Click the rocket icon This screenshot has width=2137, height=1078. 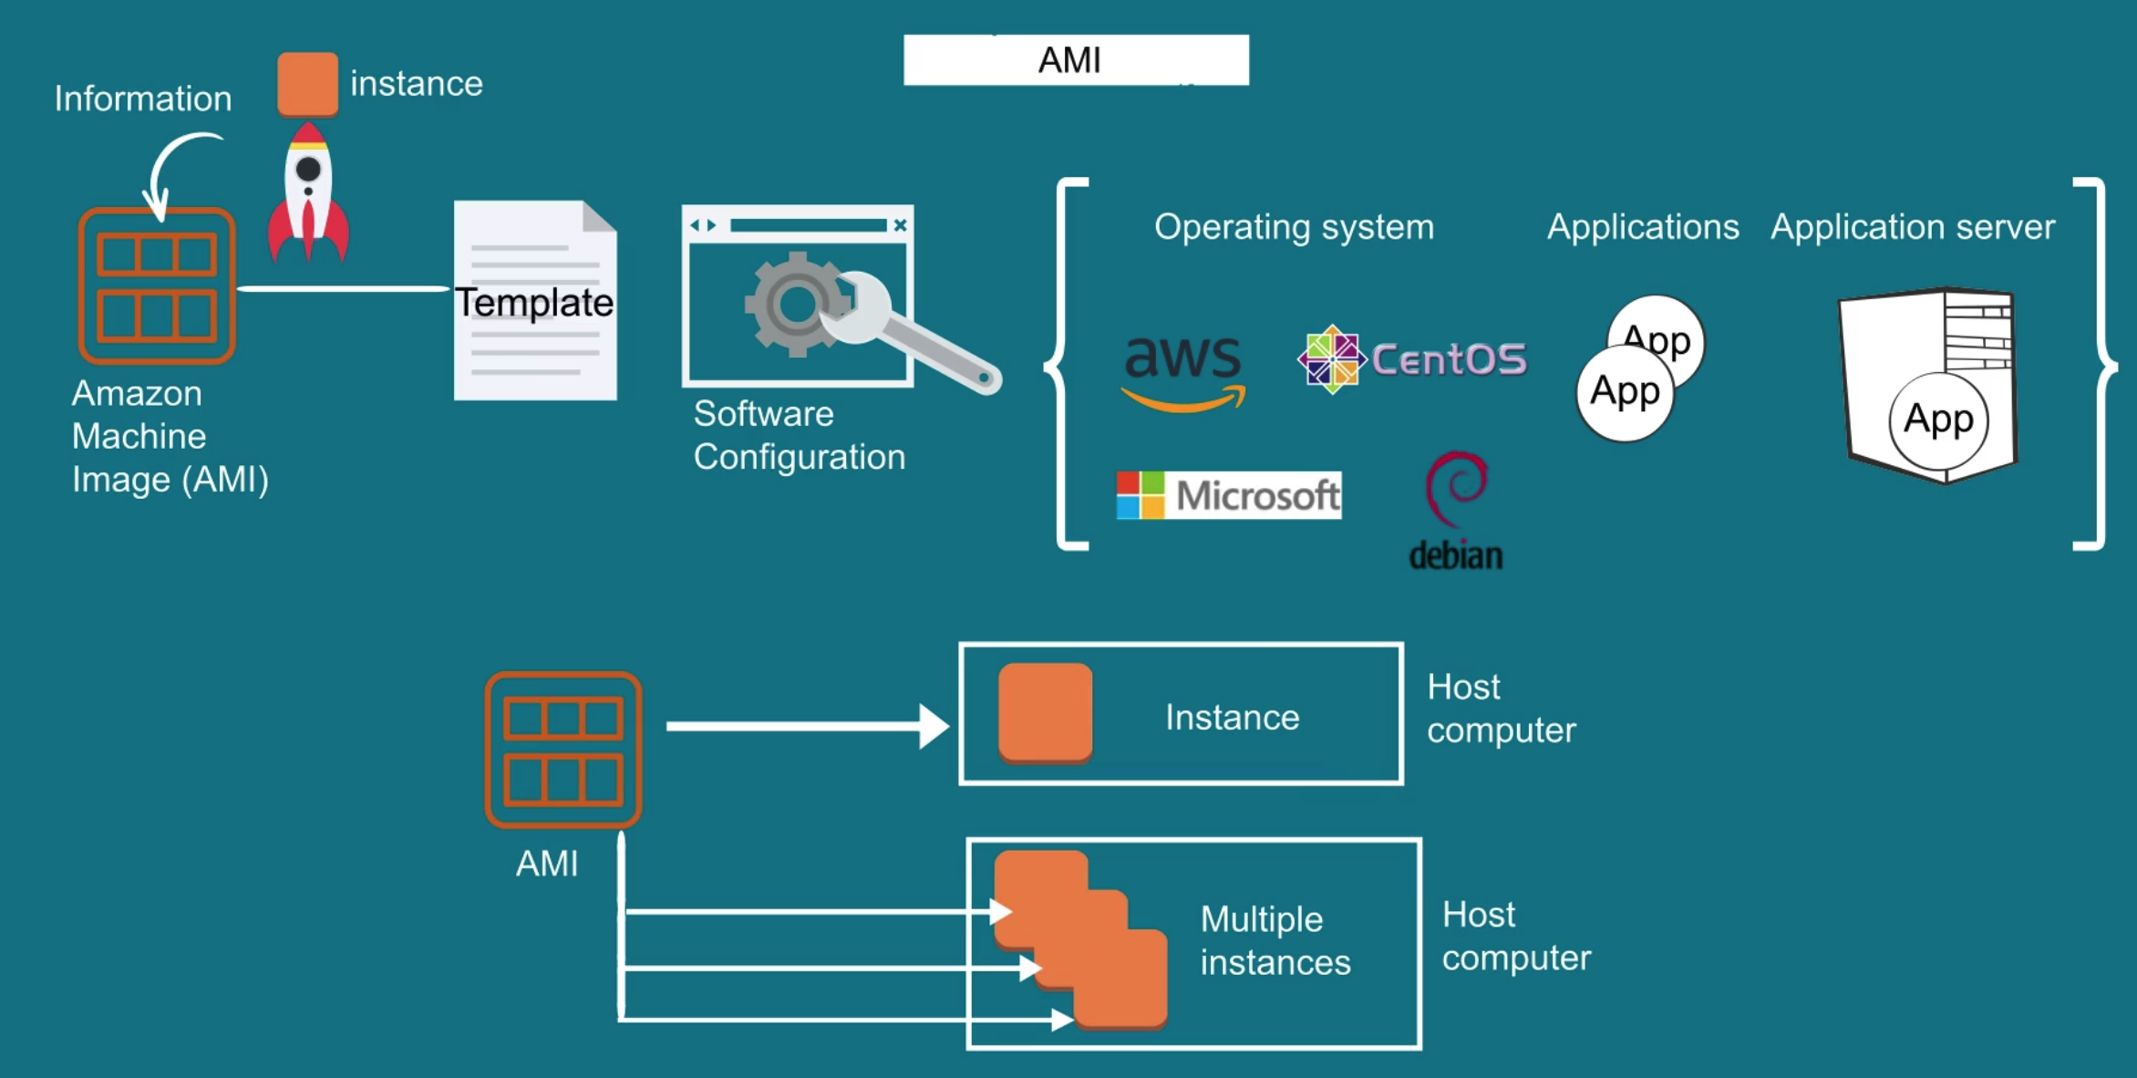pos(308,193)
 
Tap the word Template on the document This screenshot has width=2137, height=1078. pos(534,303)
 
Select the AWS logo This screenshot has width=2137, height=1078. pos(1183,370)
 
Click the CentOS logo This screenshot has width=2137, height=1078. pos(1412,359)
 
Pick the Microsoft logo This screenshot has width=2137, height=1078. pos(1228,495)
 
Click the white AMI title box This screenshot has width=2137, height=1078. pos(1076,60)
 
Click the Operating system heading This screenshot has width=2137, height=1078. pos(1294,227)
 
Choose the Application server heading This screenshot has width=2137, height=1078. pos(1913,227)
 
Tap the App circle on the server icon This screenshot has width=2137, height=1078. pos(1938,420)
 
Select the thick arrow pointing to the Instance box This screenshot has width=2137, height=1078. pos(808,726)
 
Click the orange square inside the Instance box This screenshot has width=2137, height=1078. pos(1045,712)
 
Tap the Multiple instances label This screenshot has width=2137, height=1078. pos(1275,940)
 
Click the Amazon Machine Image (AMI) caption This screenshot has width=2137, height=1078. pos(170,436)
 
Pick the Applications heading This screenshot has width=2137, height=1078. pos(1643,227)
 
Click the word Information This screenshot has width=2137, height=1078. pos(143,98)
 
